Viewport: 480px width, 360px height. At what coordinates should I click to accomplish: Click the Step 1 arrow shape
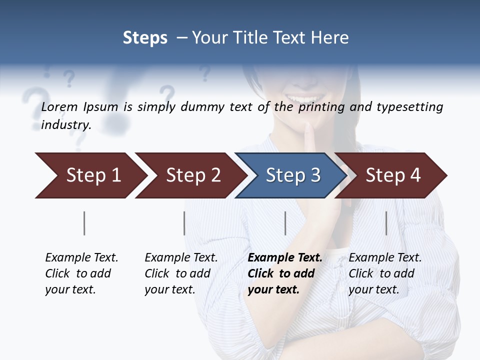coord(90,175)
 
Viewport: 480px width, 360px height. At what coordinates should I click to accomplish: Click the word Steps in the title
coord(145,38)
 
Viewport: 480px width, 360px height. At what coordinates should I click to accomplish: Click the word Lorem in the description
coord(59,106)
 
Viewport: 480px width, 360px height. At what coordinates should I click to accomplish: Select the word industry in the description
coord(65,124)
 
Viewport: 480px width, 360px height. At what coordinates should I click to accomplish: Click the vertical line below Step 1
coord(84,223)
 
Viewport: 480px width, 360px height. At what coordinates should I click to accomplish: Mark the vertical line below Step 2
coord(184,223)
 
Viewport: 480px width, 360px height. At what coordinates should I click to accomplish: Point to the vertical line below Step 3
coord(285,223)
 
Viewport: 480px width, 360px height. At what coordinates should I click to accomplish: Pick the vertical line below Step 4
coord(386,223)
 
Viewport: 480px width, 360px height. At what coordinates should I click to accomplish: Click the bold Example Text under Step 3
coord(285,258)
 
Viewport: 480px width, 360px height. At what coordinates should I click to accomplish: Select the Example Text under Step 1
coord(81,258)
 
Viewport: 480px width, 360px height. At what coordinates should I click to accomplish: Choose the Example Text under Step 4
coord(385,258)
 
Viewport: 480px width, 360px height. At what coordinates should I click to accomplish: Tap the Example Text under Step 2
coord(181,258)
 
